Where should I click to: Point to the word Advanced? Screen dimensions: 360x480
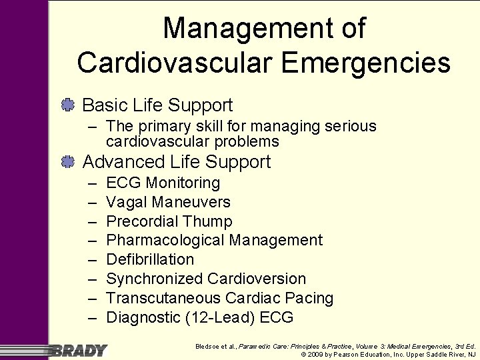tap(123, 162)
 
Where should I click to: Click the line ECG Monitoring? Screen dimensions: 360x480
tap(163, 183)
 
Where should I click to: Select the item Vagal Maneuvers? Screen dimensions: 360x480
tap(168, 202)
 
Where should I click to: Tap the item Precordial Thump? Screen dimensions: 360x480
tap(169, 221)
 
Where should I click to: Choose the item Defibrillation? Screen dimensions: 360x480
tap(150, 259)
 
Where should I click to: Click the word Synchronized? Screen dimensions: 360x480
tap(155, 279)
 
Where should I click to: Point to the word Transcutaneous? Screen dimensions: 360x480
tap(163, 298)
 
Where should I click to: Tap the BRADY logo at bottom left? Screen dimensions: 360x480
tap(79, 350)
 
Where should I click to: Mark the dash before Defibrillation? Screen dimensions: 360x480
tap(91, 259)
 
